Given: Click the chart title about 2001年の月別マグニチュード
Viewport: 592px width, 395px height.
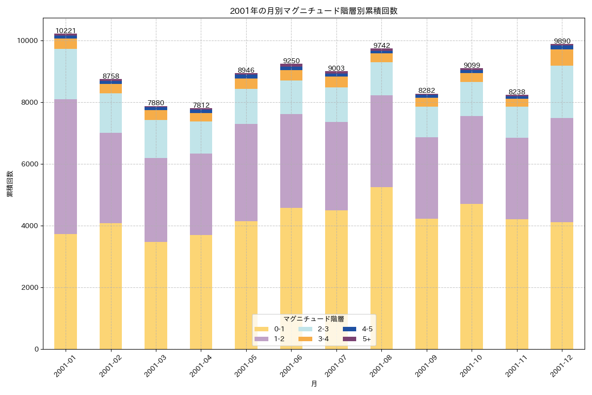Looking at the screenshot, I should tap(313, 11).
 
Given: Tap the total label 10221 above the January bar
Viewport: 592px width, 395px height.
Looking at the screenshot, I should tap(66, 31).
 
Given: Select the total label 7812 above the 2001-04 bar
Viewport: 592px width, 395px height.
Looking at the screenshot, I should tap(201, 105).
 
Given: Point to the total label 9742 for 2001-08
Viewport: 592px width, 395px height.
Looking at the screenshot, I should tap(381, 45).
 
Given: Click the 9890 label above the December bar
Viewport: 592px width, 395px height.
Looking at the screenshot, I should tap(562, 41).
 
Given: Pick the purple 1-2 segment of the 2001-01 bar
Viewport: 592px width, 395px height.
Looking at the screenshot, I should tap(66, 166).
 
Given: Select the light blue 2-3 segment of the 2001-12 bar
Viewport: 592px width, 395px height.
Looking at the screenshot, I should tap(562, 92).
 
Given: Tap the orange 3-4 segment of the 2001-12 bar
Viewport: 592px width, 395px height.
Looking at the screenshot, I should tap(562, 57).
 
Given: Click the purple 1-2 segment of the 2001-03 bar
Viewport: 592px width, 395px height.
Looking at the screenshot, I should tap(156, 200).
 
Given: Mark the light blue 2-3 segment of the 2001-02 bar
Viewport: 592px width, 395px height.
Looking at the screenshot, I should tap(111, 113).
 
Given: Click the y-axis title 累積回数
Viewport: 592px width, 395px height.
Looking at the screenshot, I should tap(10, 184).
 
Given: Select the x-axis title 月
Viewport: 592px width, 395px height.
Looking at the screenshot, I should tap(314, 384).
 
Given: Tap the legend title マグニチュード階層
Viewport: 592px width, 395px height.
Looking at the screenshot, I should tap(314, 319).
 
